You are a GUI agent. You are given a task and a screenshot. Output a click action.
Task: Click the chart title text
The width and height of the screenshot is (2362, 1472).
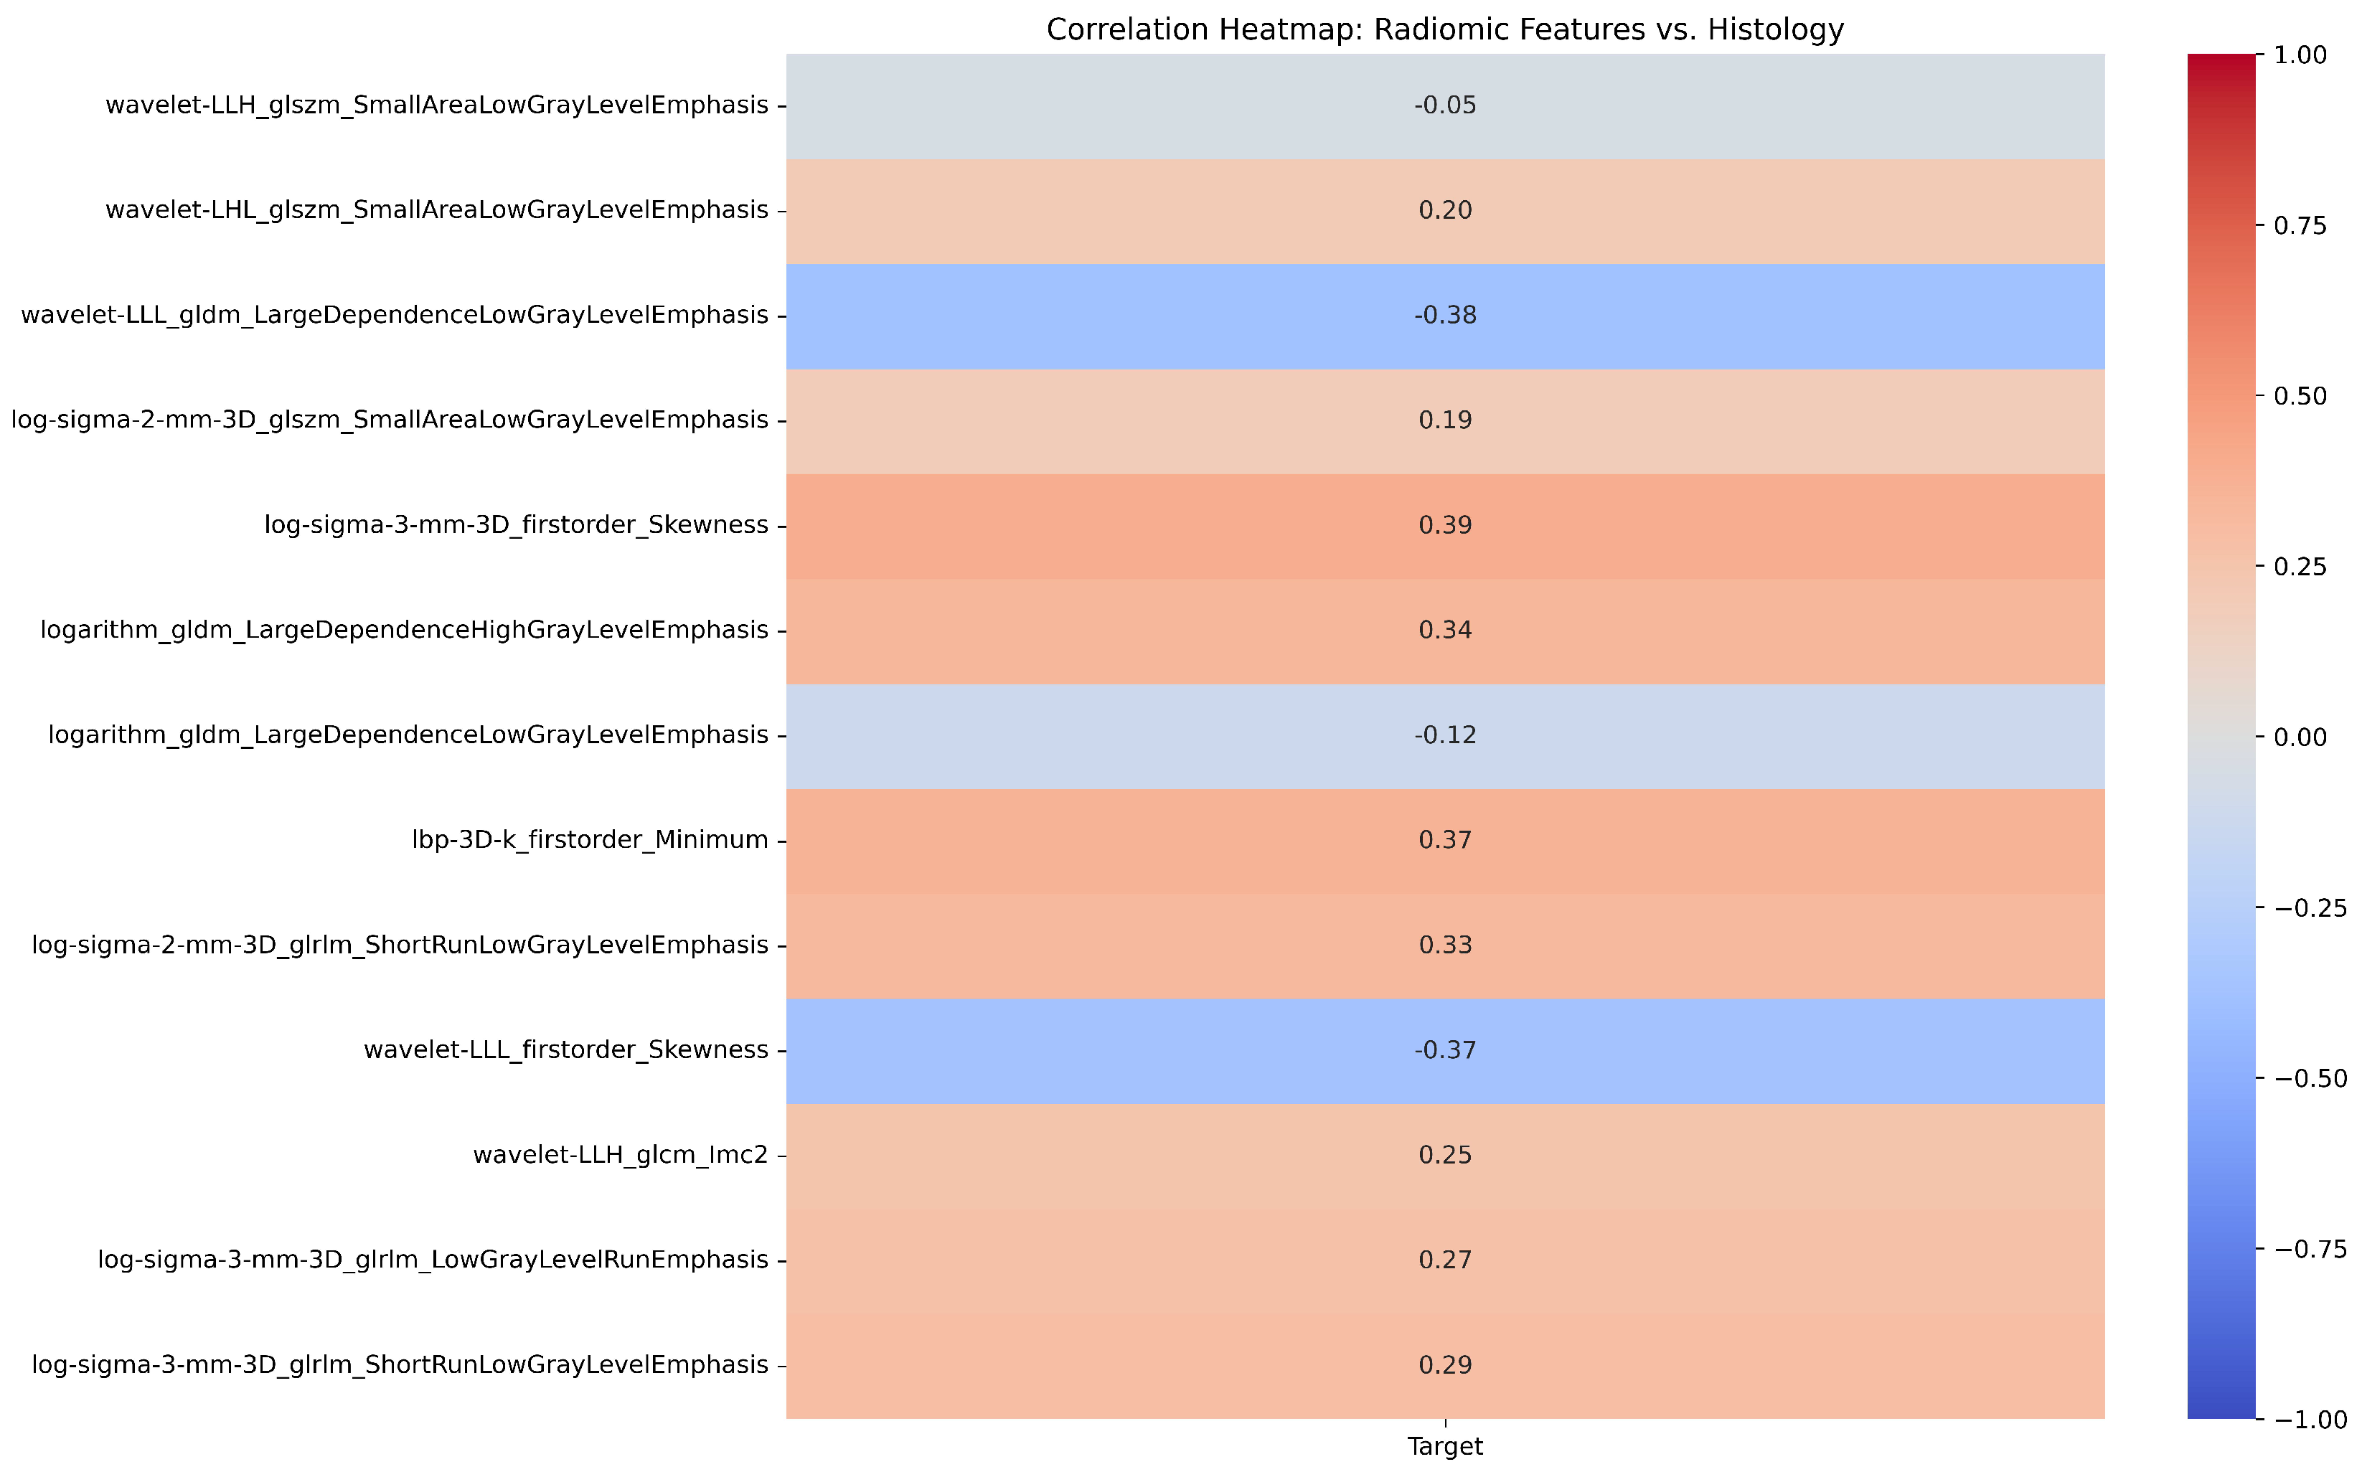pos(1445,29)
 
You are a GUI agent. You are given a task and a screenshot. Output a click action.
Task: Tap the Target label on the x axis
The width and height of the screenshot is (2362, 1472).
pos(1445,1447)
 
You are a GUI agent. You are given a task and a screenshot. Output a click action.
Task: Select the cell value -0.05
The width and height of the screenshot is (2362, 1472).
pos(1445,105)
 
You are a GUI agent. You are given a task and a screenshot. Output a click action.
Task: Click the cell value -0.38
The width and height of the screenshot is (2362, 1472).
pos(1445,316)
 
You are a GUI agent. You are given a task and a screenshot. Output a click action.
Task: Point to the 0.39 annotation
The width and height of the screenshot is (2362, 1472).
pos(1445,526)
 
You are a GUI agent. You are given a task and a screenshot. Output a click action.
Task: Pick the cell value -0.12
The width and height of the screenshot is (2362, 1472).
pos(1445,735)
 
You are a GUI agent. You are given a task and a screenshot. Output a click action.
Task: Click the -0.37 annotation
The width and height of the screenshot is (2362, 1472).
pos(1445,1050)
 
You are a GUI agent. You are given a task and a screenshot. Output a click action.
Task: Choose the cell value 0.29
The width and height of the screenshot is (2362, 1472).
pos(1445,1365)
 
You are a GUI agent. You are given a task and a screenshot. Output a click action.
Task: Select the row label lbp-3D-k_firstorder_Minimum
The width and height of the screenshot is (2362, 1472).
pos(590,840)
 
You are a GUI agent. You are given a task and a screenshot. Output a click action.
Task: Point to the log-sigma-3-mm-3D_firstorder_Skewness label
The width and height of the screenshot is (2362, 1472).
pos(516,526)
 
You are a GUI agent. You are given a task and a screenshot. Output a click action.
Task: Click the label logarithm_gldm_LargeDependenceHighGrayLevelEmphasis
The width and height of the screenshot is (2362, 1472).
pos(404,631)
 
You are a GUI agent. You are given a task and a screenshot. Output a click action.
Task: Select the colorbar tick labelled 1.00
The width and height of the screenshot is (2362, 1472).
pos(2300,55)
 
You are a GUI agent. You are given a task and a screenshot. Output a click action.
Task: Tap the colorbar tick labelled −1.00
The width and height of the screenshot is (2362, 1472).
pos(2310,1420)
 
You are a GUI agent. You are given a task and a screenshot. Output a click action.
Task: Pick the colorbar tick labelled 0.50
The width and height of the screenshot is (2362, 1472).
pos(2300,396)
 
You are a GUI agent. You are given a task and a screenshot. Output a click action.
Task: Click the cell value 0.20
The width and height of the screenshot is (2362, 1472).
pos(1445,210)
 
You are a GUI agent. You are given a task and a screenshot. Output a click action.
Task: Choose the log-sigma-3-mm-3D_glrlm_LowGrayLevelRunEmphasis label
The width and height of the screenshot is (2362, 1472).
pos(433,1260)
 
